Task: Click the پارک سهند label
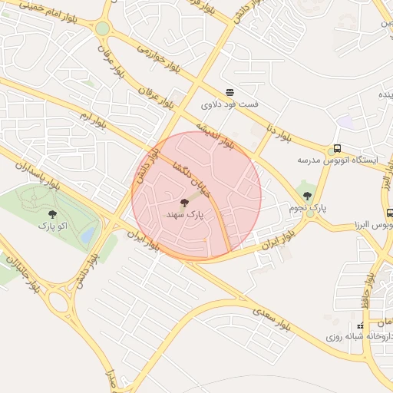point(184,216)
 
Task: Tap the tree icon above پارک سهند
point(183,203)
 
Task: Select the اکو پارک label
point(52,226)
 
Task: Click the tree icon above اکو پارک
point(52,215)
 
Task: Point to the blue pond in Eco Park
point(91,233)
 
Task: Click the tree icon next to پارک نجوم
point(309,196)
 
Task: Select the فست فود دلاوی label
point(230,102)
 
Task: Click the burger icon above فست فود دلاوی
point(230,91)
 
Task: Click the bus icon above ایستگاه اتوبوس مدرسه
point(337,148)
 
